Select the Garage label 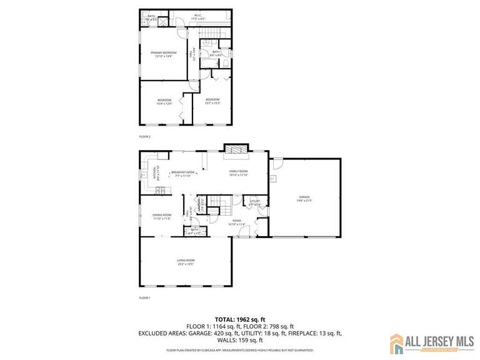pyautogui.click(x=304, y=199)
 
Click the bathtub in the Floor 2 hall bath pyautogui.click(x=227, y=52)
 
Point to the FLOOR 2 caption pyautogui.click(x=144, y=136)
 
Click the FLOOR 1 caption pyautogui.click(x=144, y=298)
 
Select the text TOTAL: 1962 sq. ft pyautogui.click(x=240, y=318)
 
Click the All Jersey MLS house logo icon pyautogui.click(x=397, y=341)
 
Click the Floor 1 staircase pyautogui.click(x=216, y=201)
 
